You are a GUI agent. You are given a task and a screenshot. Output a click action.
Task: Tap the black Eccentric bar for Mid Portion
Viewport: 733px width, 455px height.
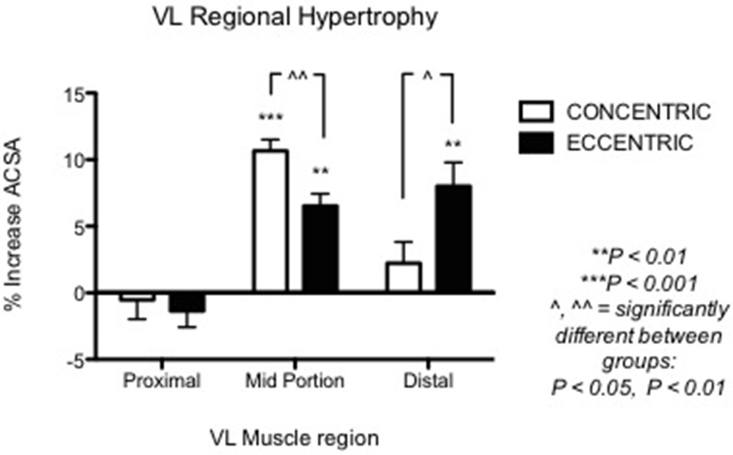319,249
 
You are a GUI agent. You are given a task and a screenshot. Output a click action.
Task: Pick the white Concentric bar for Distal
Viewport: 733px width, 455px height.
403,277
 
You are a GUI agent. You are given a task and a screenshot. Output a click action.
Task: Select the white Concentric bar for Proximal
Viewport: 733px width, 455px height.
137,297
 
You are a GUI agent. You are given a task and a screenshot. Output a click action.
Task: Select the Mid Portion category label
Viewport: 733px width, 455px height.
295,382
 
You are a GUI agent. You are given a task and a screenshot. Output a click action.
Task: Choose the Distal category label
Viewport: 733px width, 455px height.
427,382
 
